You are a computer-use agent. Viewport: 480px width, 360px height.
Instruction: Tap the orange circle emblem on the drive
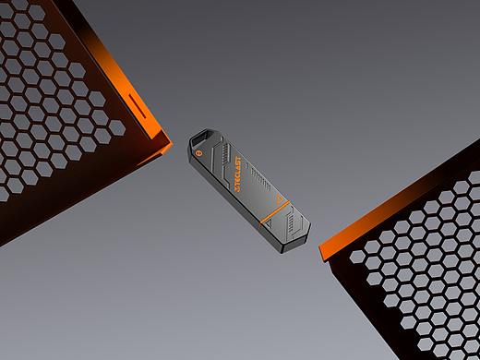click(198, 151)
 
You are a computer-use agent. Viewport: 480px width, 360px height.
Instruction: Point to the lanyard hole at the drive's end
click(201, 138)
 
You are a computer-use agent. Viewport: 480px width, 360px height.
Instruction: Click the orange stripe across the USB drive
click(275, 211)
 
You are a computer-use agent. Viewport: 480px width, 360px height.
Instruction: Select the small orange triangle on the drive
click(279, 199)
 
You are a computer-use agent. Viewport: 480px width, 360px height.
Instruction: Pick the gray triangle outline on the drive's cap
click(269, 223)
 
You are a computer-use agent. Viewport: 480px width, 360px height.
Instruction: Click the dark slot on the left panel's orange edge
click(138, 106)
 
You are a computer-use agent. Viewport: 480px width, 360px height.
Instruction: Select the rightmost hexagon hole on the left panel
click(117, 128)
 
